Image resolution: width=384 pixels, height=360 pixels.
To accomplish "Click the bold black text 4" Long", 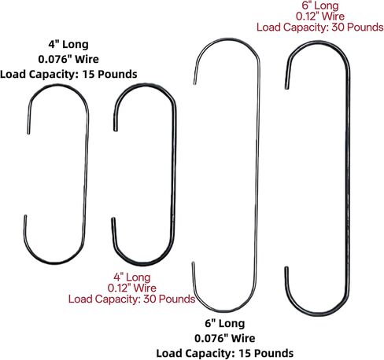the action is [68, 44].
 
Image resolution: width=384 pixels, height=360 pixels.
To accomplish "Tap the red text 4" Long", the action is [132, 277].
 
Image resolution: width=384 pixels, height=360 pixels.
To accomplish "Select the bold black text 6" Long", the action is [225, 323].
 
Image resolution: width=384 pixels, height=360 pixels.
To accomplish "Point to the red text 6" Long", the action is [320, 6].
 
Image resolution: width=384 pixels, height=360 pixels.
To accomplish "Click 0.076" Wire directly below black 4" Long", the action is [68, 59].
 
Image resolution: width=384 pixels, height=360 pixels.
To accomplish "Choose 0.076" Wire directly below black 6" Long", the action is [225, 338].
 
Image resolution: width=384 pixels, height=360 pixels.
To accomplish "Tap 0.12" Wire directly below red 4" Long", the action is [132, 288].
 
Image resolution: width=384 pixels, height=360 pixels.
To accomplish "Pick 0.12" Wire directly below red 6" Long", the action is [320, 17].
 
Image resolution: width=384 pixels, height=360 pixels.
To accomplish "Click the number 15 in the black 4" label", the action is [88, 75].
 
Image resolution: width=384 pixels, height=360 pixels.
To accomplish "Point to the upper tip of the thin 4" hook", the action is [28, 134].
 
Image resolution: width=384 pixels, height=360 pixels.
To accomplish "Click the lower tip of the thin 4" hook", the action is [25, 216].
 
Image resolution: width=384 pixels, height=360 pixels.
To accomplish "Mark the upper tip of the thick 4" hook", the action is [115, 130].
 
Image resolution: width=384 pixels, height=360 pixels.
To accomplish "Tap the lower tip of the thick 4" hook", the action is [113, 219].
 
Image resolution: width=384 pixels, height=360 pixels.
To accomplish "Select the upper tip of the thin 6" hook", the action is [194, 83].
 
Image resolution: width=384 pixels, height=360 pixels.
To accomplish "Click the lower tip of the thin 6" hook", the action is [193, 263].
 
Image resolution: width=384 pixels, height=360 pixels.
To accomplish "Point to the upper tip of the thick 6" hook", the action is [286, 88].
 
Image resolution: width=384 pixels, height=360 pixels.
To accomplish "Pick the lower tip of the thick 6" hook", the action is [286, 267].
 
